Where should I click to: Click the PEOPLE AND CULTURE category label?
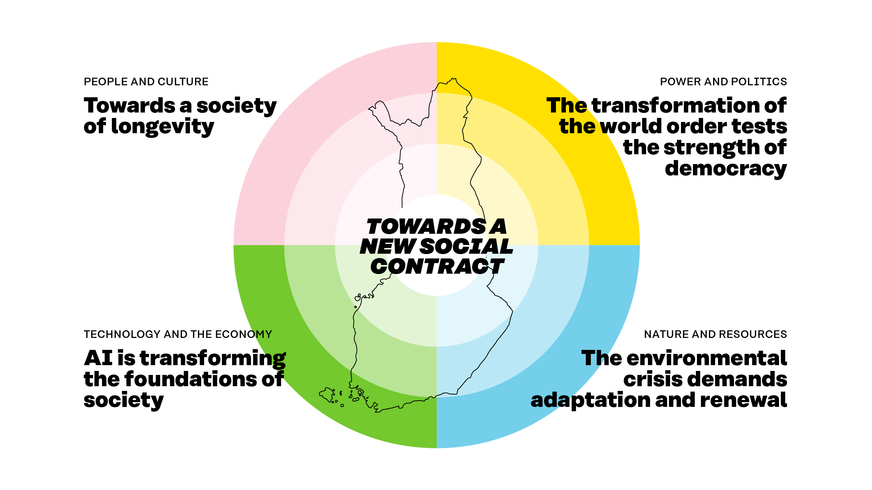(146, 82)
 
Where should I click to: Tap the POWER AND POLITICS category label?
(723, 82)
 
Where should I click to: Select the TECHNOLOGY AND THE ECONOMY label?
(178, 334)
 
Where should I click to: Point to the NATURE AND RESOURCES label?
(715, 334)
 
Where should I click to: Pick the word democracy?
(726, 169)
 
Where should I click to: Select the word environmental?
(706, 358)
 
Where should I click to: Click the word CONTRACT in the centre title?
(437, 267)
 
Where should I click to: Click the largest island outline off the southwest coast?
(327, 395)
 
